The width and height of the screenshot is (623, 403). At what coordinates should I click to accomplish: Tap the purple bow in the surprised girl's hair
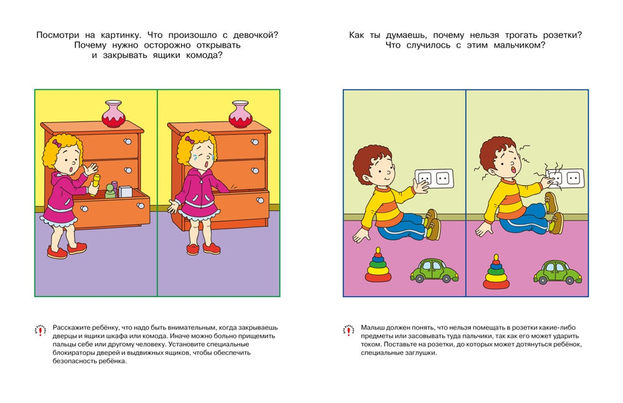coord(58,143)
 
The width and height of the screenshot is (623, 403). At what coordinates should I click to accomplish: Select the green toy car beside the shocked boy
coord(557,272)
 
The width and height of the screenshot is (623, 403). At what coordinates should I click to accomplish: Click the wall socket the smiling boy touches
coord(434,179)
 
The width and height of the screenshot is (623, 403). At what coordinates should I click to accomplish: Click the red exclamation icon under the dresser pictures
coord(41,330)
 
